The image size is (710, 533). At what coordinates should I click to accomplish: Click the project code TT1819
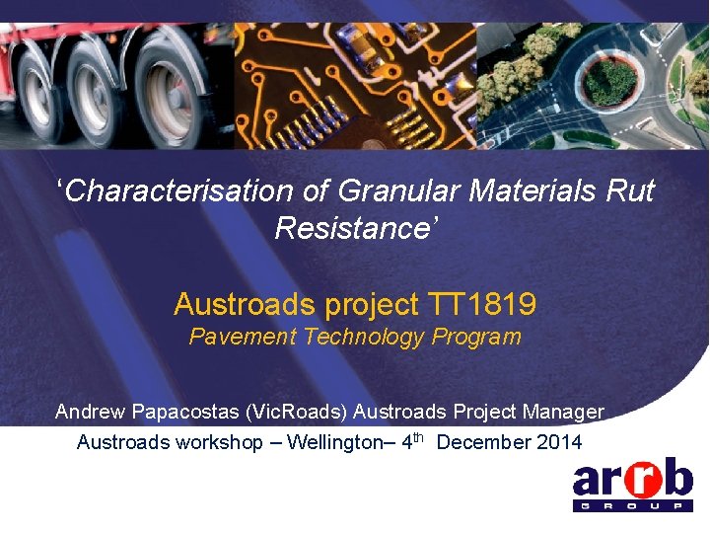tap(482, 304)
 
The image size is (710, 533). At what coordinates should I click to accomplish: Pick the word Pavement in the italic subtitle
tap(243, 337)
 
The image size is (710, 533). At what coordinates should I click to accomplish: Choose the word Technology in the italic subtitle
tap(367, 337)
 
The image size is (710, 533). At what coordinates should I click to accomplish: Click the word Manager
tap(565, 411)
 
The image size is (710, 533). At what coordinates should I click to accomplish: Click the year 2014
tap(561, 442)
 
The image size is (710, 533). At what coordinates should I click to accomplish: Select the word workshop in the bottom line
tap(219, 442)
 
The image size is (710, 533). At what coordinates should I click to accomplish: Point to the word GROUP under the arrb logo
tap(632, 506)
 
